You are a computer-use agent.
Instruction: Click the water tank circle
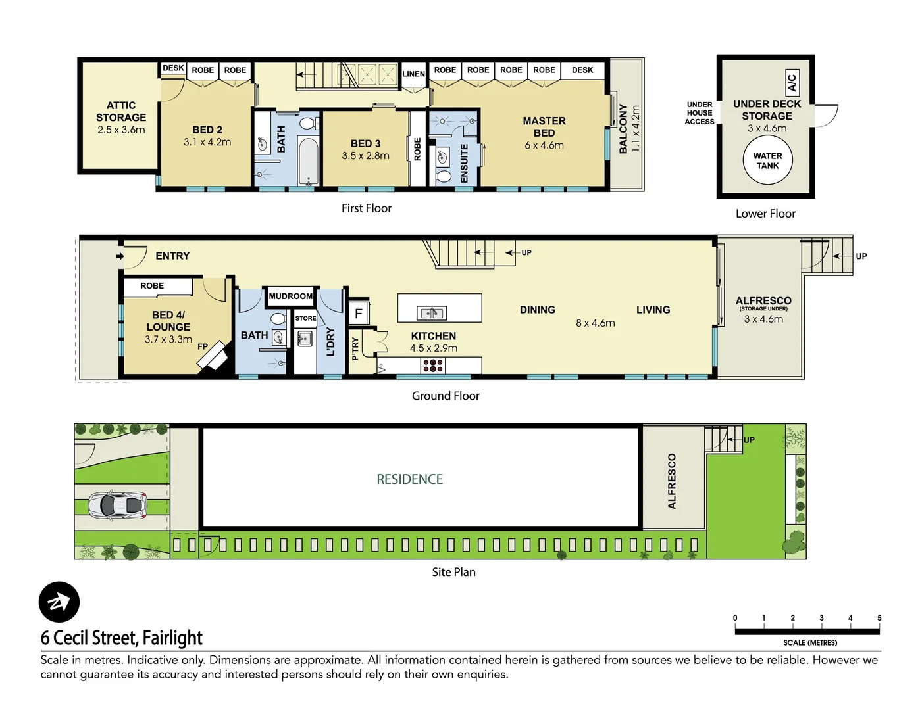tap(767, 161)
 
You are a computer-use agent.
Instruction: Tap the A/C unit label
tap(792, 83)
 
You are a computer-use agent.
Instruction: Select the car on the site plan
tap(118, 505)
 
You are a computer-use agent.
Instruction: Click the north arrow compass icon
tap(59, 602)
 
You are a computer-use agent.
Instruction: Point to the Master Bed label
tap(544, 127)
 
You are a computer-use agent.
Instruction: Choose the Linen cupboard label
tap(413, 74)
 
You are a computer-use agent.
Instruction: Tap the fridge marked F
tap(359, 314)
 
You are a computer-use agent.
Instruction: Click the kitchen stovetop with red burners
tap(433, 366)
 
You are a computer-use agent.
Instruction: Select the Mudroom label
tap(290, 296)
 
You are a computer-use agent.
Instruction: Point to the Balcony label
tap(624, 129)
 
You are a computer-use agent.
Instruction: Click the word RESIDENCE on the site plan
tap(409, 479)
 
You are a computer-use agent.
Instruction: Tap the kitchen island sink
tap(432, 313)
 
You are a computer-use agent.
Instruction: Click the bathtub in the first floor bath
tap(307, 161)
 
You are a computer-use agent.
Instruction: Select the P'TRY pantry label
tap(355, 348)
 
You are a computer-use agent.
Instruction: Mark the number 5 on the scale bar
tap(879, 618)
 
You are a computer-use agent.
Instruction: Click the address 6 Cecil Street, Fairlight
tap(122, 638)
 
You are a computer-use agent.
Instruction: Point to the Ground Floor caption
tap(446, 396)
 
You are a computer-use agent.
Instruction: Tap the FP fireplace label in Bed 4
tap(203, 346)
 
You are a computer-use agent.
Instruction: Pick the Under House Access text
tap(699, 113)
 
